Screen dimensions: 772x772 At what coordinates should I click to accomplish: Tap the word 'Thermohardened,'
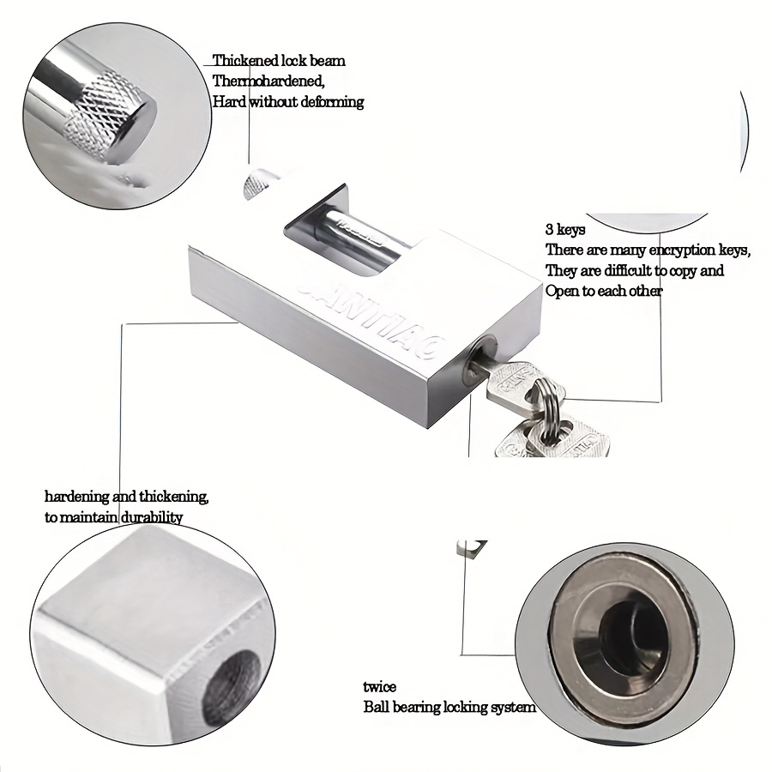tap(268, 81)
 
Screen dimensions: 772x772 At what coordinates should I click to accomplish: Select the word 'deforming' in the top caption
tap(332, 102)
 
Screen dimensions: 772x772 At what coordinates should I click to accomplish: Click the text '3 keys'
tap(565, 229)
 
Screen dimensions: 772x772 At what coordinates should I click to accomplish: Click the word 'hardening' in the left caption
tap(77, 497)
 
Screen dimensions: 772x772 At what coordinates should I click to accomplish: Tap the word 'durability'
tap(152, 517)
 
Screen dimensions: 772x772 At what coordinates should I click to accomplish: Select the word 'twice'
tap(379, 686)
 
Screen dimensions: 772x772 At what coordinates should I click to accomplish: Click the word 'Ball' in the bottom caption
tap(375, 707)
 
